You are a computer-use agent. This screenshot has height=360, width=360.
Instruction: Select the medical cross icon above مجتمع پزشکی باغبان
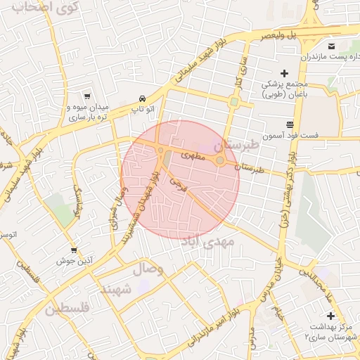284,73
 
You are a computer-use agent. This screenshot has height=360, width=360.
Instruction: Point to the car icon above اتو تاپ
143,98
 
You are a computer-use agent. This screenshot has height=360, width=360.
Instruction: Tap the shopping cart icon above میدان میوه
86,96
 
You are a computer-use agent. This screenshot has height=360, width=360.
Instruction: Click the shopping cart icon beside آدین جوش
74,250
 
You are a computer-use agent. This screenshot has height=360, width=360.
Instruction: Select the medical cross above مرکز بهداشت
330,316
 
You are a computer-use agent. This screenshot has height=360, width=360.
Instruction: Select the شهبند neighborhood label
116,288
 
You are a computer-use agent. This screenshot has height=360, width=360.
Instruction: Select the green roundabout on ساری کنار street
233,102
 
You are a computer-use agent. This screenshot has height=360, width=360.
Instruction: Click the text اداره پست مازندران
330,56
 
